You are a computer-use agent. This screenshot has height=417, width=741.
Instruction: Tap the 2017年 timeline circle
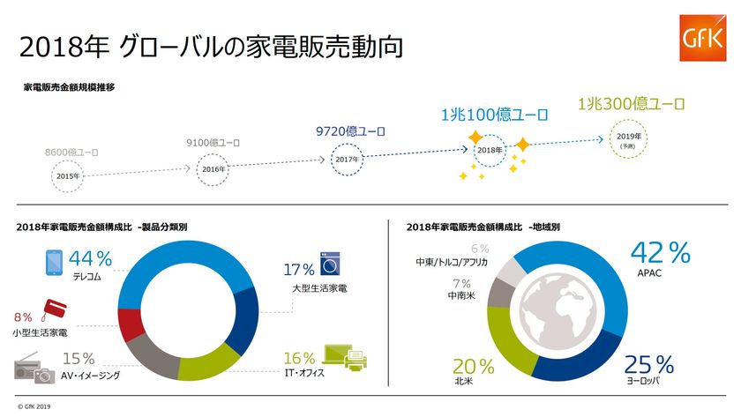pos(348,159)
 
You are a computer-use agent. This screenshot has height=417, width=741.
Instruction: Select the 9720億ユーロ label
pos(350,131)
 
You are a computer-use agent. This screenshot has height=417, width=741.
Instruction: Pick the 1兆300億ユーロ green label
pos(631,104)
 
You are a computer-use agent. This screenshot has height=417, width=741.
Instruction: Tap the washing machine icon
pos(331,264)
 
